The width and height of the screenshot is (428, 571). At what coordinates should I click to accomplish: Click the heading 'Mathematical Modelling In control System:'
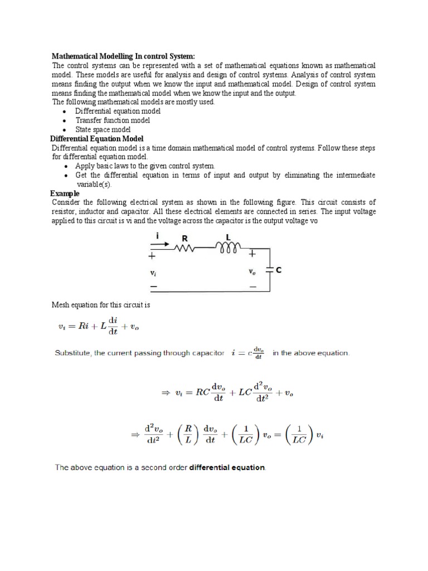(x=123, y=56)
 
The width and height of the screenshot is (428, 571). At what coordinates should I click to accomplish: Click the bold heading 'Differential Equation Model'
(x=98, y=138)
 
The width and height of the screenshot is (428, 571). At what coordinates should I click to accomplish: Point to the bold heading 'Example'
(x=65, y=193)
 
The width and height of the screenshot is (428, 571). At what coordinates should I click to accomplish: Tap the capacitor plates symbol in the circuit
(x=270, y=270)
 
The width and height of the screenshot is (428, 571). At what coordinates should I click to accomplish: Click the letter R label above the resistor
(x=184, y=239)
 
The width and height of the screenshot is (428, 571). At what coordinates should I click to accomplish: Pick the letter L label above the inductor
(x=228, y=238)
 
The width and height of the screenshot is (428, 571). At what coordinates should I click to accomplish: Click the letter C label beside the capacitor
(x=279, y=270)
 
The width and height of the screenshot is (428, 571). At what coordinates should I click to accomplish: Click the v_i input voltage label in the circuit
(x=153, y=273)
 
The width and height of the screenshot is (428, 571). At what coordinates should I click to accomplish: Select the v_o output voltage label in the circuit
(x=252, y=272)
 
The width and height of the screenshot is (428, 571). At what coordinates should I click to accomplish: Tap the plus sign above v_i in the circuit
(x=152, y=257)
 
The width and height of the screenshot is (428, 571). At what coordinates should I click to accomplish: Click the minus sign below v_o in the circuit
(x=252, y=287)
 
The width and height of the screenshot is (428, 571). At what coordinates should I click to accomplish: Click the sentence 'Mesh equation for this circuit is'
(x=101, y=305)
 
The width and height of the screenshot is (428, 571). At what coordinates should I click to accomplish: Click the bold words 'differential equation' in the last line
(x=227, y=468)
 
